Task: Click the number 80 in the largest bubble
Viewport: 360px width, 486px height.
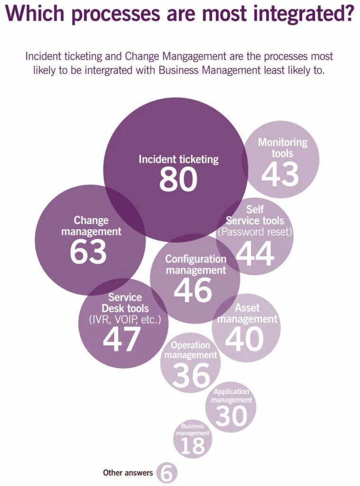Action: pyautogui.click(x=178, y=179)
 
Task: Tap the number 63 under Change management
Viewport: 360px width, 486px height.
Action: pyautogui.click(x=89, y=252)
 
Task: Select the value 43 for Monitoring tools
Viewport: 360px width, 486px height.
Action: pyautogui.click(x=280, y=174)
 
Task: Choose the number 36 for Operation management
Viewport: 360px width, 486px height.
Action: pyautogui.click(x=191, y=375)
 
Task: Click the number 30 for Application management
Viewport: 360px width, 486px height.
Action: pyautogui.click(x=231, y=416)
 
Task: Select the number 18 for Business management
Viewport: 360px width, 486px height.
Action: pyautogui.click(x=193, y=446)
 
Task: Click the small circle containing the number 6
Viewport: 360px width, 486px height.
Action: pyautogui.click(x=166, y=473)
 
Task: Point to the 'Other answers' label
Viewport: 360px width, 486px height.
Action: pyautogui.click(x=128, y=473)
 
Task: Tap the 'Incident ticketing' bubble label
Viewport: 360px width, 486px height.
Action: pyautogui.click(x=178, y=159)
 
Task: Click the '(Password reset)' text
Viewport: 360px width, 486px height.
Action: pyautogui.click(x=254, y=233)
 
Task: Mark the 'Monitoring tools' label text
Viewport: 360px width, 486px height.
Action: pyautogui.click(x=282, y=148)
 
